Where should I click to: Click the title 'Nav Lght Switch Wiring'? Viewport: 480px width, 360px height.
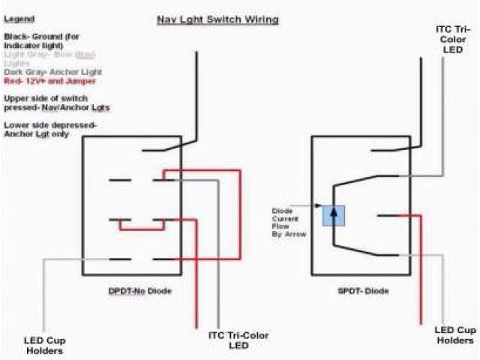(x=217, y=19)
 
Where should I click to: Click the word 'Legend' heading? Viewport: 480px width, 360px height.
(x=19, y=19)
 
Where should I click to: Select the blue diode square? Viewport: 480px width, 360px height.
(x=333, y=215)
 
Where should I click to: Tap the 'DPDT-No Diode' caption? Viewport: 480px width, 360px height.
(x=139, y=290)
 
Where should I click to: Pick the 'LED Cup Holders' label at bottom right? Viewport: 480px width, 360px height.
(x=456, y=335)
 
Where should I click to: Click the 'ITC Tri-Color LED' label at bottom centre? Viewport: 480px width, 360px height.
(x=238, y=340)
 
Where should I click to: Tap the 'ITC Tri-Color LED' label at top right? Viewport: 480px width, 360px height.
(x=454, y=40)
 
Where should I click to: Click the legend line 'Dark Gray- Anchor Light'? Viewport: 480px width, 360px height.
(x=52, y=72)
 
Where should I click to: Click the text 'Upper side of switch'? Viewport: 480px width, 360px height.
(x=46, y=99)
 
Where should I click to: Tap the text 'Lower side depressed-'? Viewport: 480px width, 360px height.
(x=50, y=124)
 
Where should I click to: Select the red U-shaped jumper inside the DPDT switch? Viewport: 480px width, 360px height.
(x=141, y=227)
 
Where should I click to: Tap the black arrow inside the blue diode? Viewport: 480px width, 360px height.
(x=333, y=214)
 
